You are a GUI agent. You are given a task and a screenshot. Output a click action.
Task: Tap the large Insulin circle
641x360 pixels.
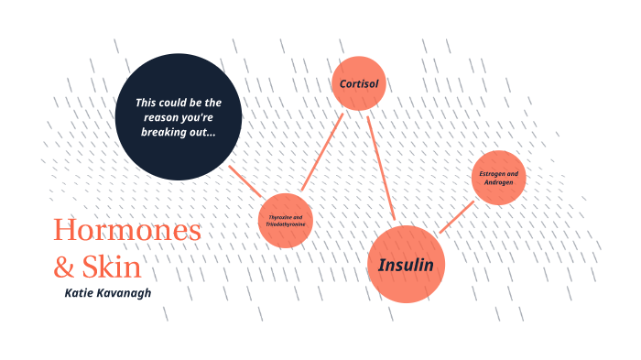tap(406, 264)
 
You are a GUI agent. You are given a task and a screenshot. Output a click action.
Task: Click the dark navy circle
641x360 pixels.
tap(179, 117)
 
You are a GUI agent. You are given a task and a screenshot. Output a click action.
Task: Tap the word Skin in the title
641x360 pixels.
tap(112, 267)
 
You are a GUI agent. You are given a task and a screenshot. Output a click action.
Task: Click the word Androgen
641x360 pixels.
tap(500, 182)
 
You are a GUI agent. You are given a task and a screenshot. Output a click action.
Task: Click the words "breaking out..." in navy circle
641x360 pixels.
tap(179, 132)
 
